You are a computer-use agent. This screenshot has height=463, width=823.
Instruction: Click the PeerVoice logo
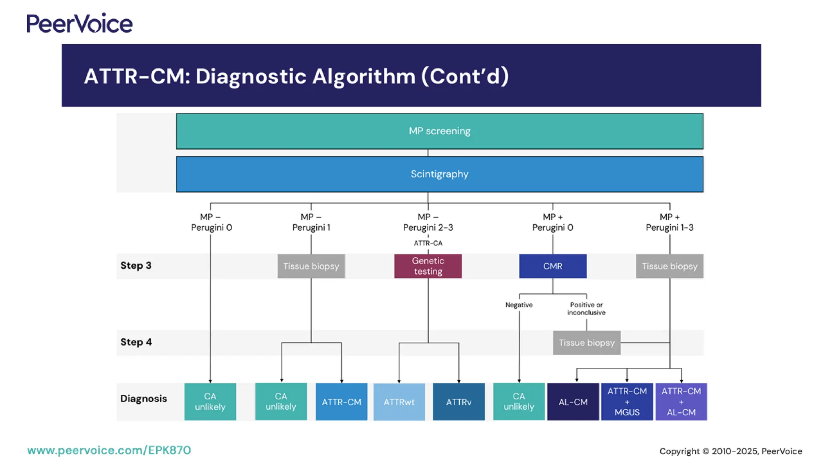point(79,23)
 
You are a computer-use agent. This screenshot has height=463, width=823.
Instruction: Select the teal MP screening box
point(439,131)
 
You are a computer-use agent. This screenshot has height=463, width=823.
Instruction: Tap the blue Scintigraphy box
point(439,174)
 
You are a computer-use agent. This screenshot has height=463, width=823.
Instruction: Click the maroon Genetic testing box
point(428,266)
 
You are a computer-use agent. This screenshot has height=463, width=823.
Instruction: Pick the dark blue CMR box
point(553,266)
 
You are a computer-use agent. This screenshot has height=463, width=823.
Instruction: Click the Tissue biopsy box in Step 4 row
point(586,342)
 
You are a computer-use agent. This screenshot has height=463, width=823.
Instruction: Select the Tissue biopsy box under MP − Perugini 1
point(311,266)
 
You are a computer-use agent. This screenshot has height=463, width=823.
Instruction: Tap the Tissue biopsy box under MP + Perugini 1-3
point(669,266)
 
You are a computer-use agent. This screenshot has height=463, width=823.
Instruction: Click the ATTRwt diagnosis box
point(399,402)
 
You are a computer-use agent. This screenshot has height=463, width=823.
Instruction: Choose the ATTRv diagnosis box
point(459,402)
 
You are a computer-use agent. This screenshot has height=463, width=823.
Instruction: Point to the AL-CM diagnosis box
point(573,402)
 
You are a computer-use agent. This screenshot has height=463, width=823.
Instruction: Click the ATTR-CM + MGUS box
point(627,402)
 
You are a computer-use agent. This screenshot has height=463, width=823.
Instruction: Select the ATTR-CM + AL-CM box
point(681,402)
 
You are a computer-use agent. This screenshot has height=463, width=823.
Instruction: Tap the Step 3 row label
point(136,265)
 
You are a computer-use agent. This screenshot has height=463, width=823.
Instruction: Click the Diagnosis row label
point(143,398)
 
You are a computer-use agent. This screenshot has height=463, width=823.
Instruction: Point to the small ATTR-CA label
point(428,243)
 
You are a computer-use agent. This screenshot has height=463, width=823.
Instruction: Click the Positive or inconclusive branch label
point(586,308)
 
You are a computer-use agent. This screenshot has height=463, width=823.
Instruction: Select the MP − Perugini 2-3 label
point(428,222)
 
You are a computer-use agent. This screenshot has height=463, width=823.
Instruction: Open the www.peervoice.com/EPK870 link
point(109,450)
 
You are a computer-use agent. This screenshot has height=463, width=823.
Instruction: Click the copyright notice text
point(731,451)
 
